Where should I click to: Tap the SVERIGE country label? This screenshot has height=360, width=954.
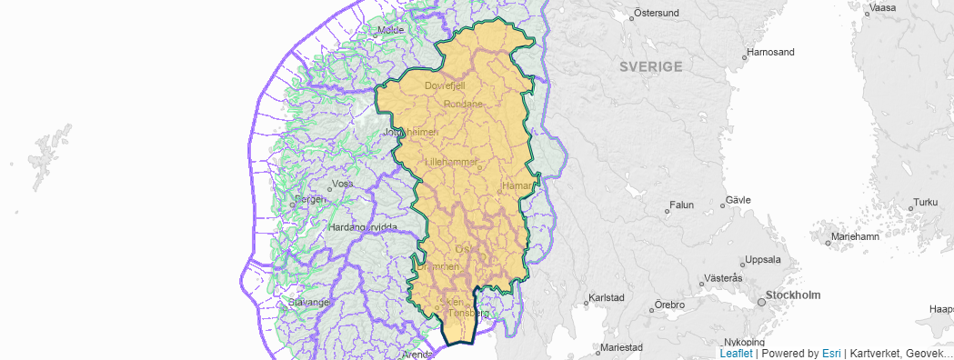(x=650, y=67)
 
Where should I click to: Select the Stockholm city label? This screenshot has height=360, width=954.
(x=793, y=295)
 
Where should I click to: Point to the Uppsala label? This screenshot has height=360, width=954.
(x=762, y=259)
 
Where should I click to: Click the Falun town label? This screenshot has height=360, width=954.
(x=681, y=205)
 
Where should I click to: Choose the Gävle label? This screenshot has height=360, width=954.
(x=737, y=200)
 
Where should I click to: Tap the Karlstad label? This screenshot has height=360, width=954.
(x=607, y=297)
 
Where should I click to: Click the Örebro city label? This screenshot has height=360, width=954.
(x=669, y=305)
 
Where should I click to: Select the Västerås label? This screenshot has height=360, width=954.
(x=725, y=277)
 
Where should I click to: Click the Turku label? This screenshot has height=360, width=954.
(x=925, y=202)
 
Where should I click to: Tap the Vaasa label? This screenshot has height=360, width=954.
(x=883, y=8)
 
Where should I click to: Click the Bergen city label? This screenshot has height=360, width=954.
(x=310, y=198)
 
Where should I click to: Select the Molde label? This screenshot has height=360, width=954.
(x=390, y=30)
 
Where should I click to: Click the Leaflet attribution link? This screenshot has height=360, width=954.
(x=736, y=353)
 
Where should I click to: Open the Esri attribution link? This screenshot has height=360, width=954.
(x=831, y=353)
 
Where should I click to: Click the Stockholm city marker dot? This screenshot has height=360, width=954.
(x=761, y=302)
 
